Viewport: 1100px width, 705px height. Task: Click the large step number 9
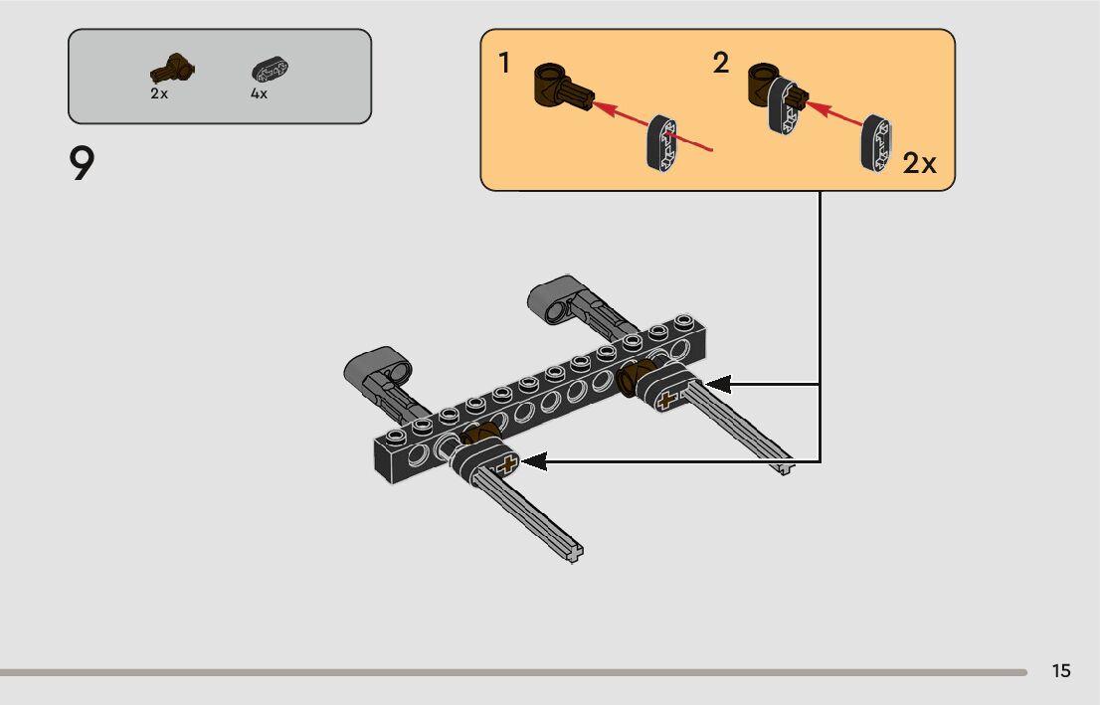pyautogui.click(x=82, y=163)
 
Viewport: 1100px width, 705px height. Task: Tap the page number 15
pyautogui.click(x=1060, y=670)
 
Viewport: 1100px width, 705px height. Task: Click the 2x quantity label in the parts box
pyautogui.click(x=159, y=93)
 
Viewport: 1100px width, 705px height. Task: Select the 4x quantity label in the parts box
pyautogui.click(x=259, y=93)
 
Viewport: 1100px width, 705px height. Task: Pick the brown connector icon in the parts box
pyautogui.click(x=173, y=69)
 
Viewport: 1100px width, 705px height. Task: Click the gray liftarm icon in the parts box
pyautogui.click(x=271, y=71)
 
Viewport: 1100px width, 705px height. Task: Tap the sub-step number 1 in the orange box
pyautogui.click(x=503, y=63)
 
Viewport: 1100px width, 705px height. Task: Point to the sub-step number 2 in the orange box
pyautogui.click(x=720, y=63)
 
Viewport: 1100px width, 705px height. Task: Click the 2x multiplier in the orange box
pyautogui.click(x=919, y=163)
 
